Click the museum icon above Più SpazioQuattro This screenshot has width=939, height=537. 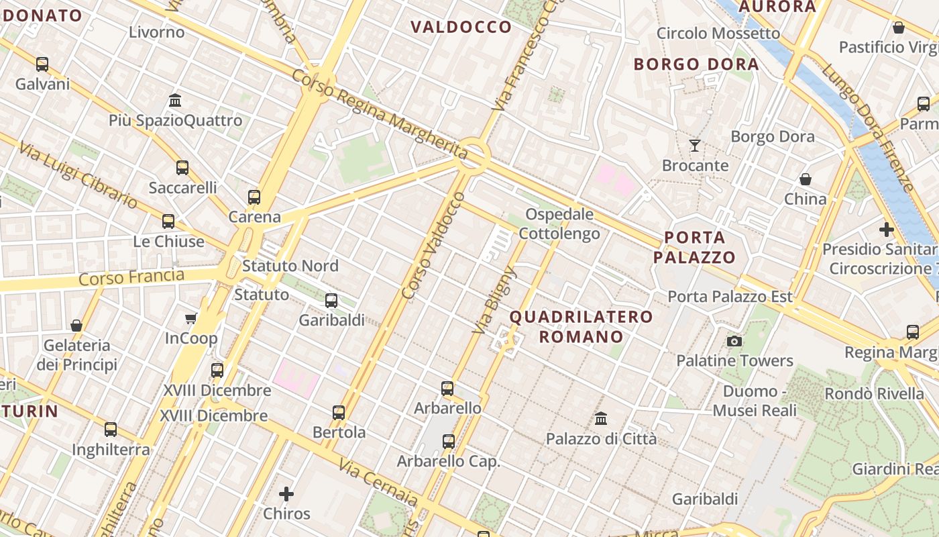pos(175,100)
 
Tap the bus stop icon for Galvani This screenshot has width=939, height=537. pos(42,64)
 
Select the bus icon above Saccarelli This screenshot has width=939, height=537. pos(182,168)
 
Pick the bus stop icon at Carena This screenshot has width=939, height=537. pos(254,197)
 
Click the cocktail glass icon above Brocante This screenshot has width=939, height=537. pos(695,145)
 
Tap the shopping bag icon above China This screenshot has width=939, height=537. pos(806,179)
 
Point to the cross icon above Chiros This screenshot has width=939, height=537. pos(286,495)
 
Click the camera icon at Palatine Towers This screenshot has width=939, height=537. pos(734,341)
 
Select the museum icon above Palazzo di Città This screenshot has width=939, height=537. pos(601,418)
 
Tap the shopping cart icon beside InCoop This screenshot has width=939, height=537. pos(191,318)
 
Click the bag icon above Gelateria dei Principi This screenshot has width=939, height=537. pos(76,326)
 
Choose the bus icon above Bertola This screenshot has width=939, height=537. pos(339,412)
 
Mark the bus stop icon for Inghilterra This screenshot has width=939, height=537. pos(111,430)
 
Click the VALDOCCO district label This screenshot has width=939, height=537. pos(461,28)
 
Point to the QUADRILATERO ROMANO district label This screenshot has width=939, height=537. pos(581,326)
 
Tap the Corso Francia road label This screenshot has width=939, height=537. pos(131,277)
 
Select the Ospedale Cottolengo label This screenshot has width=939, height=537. pos(559,224)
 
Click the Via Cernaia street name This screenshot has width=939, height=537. pos(378,483)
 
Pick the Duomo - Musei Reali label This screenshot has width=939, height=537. pos(755,401)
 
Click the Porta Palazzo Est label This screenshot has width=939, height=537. pos(730,296)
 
